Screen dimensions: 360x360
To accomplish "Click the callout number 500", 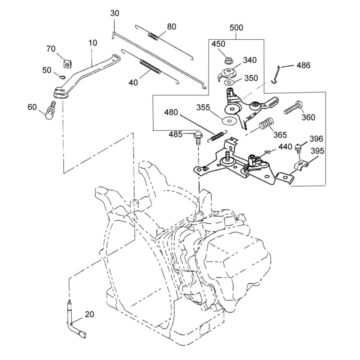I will [x=236, y=27].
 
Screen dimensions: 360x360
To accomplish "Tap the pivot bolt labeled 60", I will [x=50, y=111].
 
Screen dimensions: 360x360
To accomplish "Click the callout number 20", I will [x=89, y=314].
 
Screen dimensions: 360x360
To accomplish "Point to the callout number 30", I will [x=115, y=13].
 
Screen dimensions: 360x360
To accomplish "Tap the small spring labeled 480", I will [x=217, y=136].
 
